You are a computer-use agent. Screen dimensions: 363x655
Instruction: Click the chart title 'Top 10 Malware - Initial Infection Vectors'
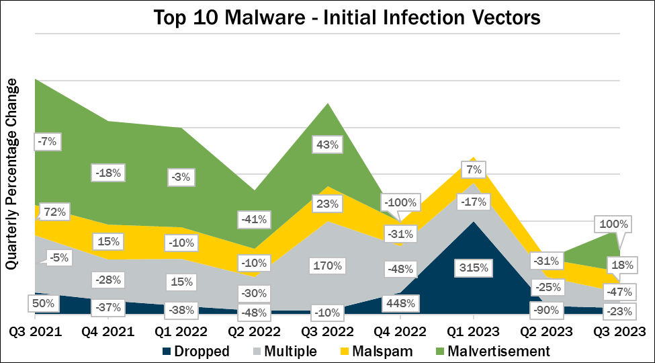(x=347, y=17)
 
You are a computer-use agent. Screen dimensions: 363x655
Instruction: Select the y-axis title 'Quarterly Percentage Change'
(x=11, y=173)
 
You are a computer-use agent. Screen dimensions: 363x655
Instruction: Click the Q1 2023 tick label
(x=474, y=331)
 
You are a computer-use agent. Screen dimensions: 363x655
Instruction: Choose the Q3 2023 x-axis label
(x=617, y=331)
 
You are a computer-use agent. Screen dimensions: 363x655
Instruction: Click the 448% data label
(x=400, y=303)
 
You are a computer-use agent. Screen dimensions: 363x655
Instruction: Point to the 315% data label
(x=473, y=266)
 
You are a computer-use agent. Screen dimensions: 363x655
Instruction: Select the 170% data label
(x=327, y=266)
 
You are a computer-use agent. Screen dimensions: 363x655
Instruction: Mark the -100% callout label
(x=400, y=202)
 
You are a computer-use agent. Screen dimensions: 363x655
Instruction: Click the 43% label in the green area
(x=327, y=145)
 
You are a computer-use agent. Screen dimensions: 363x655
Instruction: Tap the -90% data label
(x=546, y=310)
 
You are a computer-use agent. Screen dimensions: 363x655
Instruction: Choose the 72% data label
(x=54, y=212)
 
